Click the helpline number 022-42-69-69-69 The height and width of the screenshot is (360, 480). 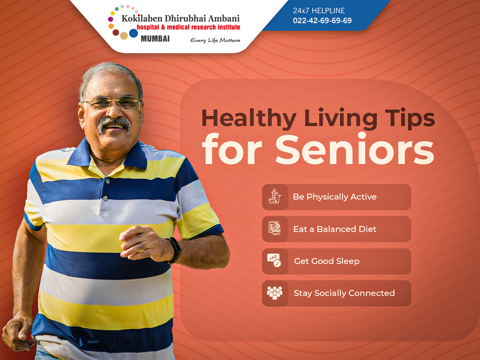click(322, 21)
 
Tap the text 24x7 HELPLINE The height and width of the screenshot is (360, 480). click(319, 11)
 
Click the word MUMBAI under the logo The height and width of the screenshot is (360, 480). click(155, 39)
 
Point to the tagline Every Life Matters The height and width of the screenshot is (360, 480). click(215, 40)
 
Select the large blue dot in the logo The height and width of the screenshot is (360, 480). click(134, 33)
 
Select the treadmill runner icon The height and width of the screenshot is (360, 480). click(275, 197)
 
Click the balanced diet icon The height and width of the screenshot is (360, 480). click(275, 229)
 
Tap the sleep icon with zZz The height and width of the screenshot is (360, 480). click(274, 261)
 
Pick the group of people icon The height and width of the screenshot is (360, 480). click(275, 293)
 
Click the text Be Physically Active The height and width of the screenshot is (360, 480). click(334, 197)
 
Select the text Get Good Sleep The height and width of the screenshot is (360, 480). click(326, 261)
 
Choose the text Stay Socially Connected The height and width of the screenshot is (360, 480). click(344, 293)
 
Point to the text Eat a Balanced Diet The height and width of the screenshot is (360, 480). click(335, 229)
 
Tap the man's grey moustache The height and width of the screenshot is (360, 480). click(114, 123)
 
